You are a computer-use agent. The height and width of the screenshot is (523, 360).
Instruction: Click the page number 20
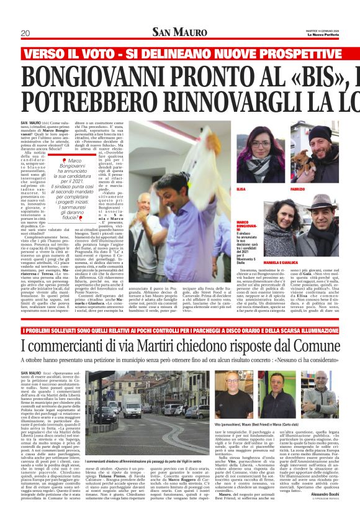pos(25,34)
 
